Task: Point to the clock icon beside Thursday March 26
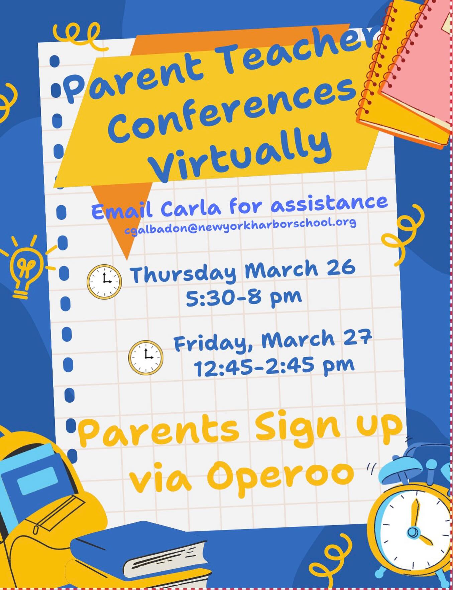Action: [104, 281]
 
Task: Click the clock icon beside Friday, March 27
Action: [146, 357]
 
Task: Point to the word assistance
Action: [329, 202]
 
